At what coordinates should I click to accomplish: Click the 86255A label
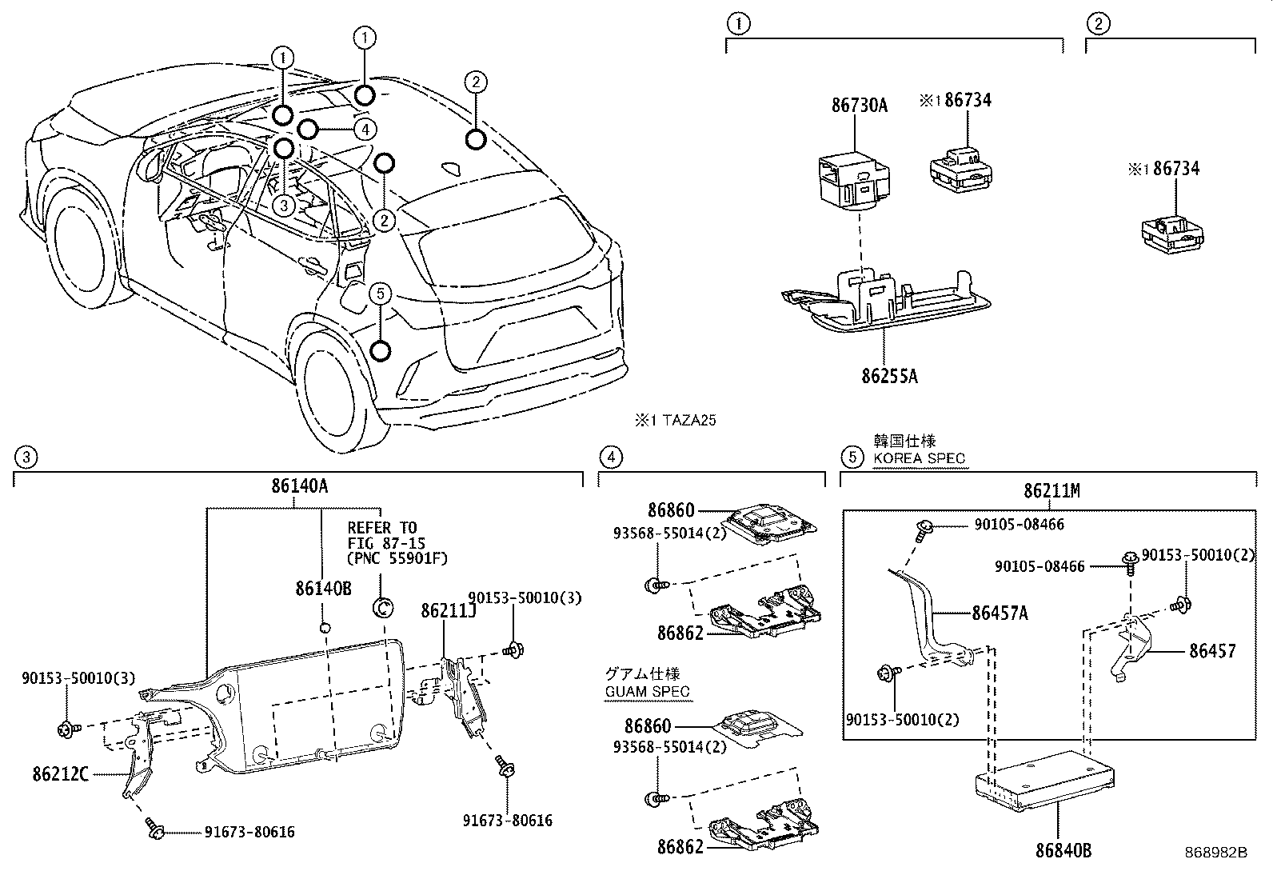pos(889,376)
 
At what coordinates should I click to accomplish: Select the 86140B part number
pos(323,589)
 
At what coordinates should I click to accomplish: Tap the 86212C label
pos(61,774)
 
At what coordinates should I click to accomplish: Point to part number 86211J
pos(449,611)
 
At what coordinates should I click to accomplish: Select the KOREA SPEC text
pos(919,459)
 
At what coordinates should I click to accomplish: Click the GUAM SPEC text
pos(646,692)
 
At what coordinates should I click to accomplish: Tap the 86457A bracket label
pos(1000,613)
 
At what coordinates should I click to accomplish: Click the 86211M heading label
pos(1052,491)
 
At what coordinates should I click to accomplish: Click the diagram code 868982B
pos(1215,853)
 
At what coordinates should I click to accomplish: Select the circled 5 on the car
pos(380,294)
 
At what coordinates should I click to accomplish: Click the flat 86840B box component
pos(1044,780)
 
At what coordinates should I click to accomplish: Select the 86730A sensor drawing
pos(852,178)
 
